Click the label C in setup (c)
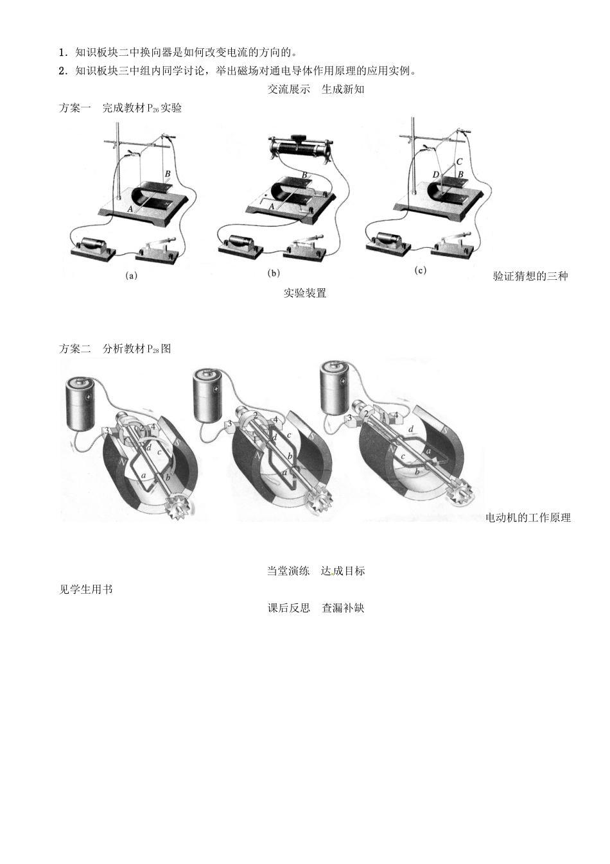click(459, 162)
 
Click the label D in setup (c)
click(435, 175)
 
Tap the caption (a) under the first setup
click(131, 275)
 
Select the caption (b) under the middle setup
click(274, 273)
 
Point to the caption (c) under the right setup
click(420, 270)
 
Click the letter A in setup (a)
click(130, 209)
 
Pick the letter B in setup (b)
click(304, 175)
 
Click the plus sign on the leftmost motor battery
click(89, 397)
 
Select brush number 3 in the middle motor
click(230, 424)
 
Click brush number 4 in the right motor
click(396, 416)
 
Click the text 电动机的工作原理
click(527, 517)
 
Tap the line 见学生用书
click(85, 589)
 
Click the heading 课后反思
click(288, 608)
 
